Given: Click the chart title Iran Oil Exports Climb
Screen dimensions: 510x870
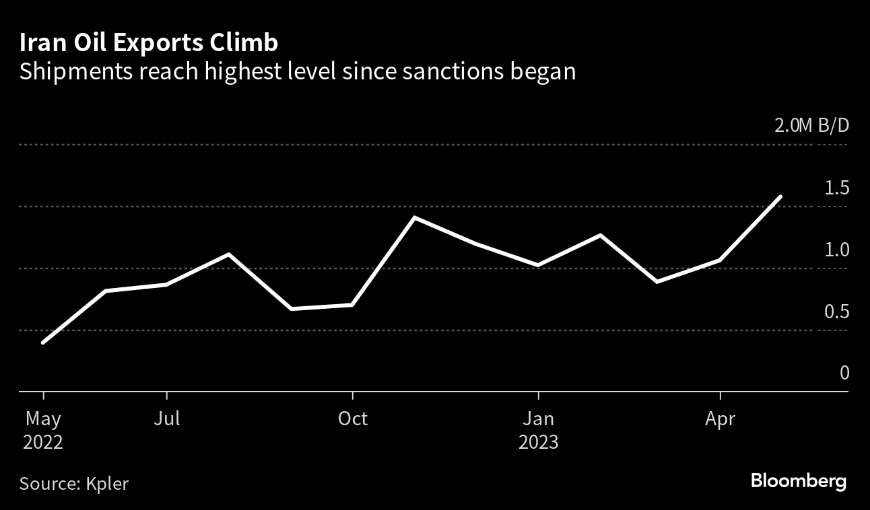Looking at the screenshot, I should pyautogui.click(x=149, y=44).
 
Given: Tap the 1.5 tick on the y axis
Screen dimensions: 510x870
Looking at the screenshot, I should pyautogui.click(x=837, y=188).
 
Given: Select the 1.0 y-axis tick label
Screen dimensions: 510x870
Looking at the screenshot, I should pyautogui.click(x=837, y=250).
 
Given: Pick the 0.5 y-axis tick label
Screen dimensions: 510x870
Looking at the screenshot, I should pyautogui.click(x=837, y=312).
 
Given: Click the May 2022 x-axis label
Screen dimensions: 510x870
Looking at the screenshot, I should pyautogui.click(x=44, y=431).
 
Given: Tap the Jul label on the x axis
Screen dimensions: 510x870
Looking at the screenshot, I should pyautogui.click(x=166, y=418).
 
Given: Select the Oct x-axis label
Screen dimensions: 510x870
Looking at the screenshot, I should pyautogui.click(x=352, y=418).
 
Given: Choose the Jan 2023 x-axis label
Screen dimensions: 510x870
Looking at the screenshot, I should pyautogui.click(x=538, y=431).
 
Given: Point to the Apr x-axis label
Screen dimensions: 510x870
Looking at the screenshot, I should pyautogui.click(x=721, y=418).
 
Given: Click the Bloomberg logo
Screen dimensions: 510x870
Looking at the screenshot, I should pyautogui.click(x=799, y=482).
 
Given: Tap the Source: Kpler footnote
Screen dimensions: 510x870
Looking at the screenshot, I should pyautogui.click(x=74, y=483).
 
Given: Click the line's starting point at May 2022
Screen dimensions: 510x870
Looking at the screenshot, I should pyautogui.click(x=43, y=343).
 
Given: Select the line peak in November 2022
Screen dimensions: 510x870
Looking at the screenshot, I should pyautogui.click(x=414, y=218).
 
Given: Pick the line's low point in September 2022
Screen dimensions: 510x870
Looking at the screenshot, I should pyautogui.click(x=291, y=309).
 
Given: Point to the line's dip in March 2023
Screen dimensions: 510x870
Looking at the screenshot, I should pyautogui.click(x=657, y=281).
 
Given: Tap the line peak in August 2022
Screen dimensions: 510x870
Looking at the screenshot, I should pyautogui.click(x=229, y=254).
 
